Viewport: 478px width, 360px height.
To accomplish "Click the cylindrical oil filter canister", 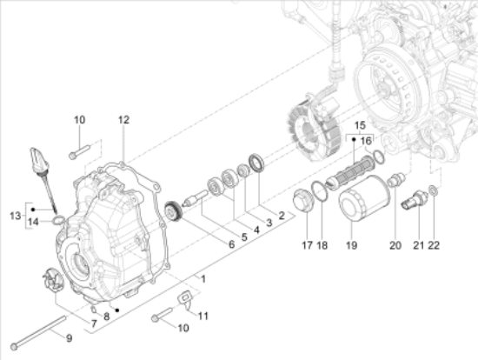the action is [x=364, y=198].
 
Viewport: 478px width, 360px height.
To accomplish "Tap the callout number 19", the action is [x=351, y=245].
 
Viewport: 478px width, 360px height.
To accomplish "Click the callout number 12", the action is [x=123, y=120].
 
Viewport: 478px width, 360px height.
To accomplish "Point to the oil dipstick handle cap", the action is [x=37, y=160].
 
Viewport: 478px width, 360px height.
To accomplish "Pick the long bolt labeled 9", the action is [x=39, y=332].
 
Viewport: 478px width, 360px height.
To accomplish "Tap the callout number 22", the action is [x=434, y=245].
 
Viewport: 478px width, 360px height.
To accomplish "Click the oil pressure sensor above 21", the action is [x=415, y=201].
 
